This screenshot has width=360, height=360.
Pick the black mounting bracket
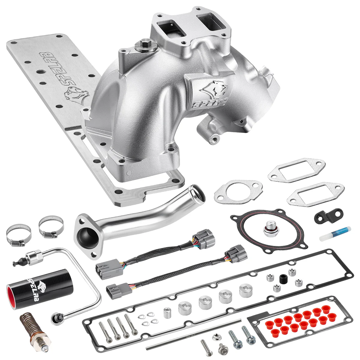[x=326, y=216]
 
